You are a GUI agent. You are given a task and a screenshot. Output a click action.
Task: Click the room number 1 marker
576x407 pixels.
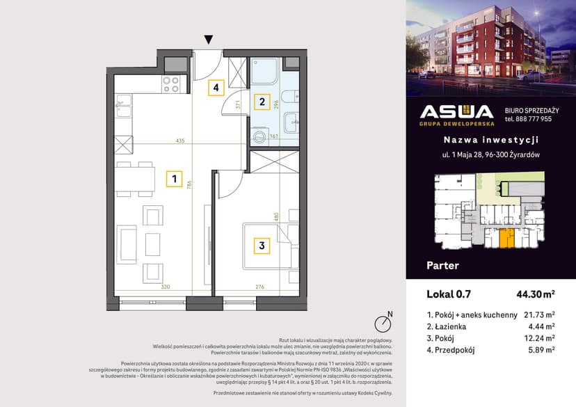tap(174, 179)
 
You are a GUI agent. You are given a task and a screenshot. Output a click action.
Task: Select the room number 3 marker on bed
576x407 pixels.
tap(262, 245)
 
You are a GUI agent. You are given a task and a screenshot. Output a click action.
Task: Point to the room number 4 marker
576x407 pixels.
tap(216, 88)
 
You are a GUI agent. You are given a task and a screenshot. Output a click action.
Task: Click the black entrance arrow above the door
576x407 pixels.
tap(208, 40)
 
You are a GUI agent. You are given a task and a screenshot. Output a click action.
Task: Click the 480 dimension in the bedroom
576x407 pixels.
tap(276, 216)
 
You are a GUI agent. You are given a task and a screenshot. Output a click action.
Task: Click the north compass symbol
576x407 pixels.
tap(382, 323)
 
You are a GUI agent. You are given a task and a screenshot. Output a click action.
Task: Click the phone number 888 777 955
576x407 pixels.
tap(529, 119)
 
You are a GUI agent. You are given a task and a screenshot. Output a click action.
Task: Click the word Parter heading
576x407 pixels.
tap(442, 265)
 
